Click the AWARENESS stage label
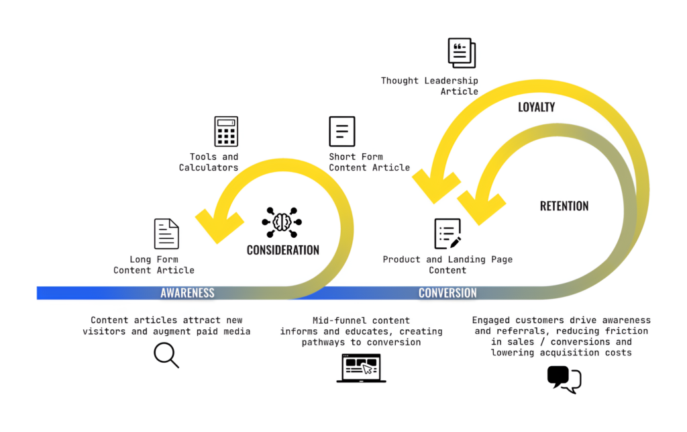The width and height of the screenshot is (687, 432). click(187, 293)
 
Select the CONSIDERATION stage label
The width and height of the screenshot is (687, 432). click(282, 250)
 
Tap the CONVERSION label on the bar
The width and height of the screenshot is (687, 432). click(447, 293)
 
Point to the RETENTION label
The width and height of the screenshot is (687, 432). click(564, 206)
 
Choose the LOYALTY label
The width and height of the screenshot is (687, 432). click(536, 107)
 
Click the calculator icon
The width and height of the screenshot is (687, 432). click(226, 131)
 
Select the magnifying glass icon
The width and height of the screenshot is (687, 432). click(166, 355)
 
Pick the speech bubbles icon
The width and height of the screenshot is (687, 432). click(564, 379)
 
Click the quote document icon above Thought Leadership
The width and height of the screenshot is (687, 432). click(462, 53)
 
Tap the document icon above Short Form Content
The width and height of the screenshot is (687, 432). click(341, 131)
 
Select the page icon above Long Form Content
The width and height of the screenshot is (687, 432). click(166, 234)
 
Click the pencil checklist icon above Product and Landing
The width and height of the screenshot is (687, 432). click(447, 234)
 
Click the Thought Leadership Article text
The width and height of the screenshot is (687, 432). click(429, 86)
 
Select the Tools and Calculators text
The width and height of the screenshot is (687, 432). click(209, 162)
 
